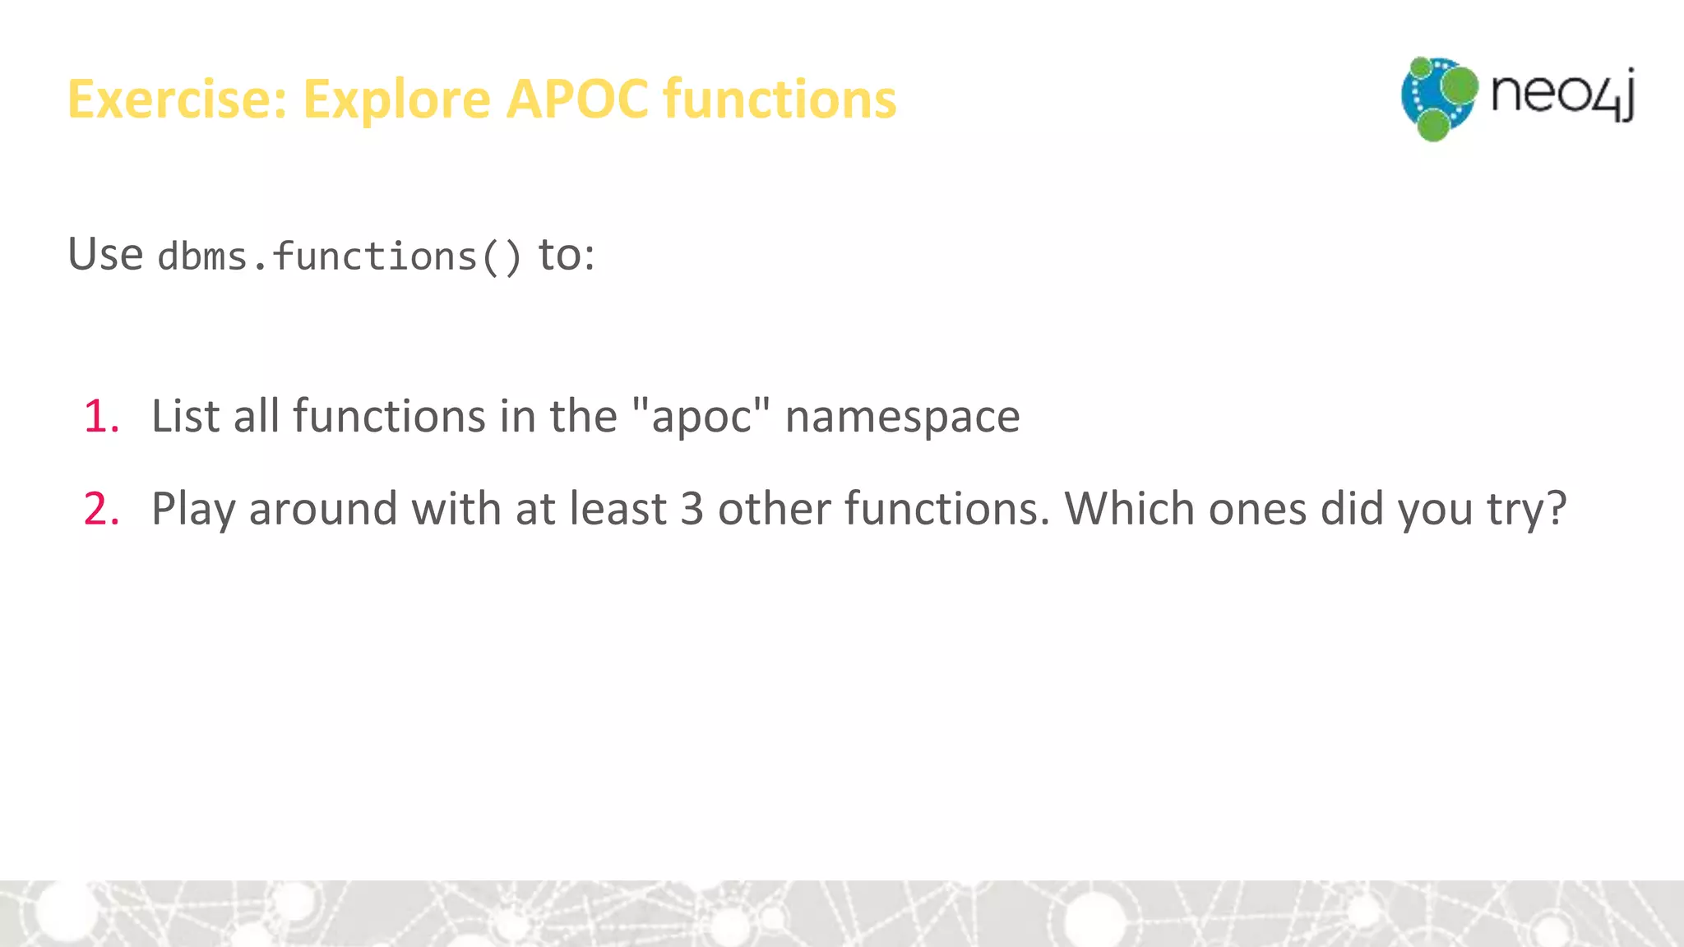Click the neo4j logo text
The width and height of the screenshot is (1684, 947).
click(x=1562, y=95)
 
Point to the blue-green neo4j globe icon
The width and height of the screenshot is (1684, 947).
click(x=1438, y=99)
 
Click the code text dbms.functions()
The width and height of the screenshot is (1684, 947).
click(x=340, y=256)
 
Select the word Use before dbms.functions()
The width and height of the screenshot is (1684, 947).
click(x=105, y=254)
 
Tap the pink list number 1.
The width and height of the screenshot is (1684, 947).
click(x=101, y=416)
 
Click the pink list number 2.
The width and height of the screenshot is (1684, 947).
click(x=101, y=509)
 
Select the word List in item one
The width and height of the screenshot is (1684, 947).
click(x=186, y=416)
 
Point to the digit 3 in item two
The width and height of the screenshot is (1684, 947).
click(x=692, y=509)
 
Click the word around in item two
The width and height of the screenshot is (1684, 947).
click(x=323, y=510)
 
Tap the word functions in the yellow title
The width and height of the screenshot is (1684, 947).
click(x=780, y=99)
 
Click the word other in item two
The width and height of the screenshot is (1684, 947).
click(x=774, y=509)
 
